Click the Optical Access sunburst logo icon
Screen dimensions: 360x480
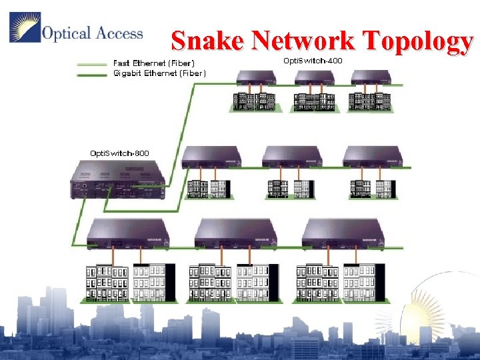click(x=25, y=28)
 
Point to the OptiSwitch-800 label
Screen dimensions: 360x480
click(x=120, y=153)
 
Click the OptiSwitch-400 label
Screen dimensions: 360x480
click(x=313, y=61)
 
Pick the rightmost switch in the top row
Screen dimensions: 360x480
click(x=371, y=78)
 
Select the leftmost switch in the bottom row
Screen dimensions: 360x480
click(x=126, y=233)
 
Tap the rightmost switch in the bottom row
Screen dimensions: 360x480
click(x=342, y=233)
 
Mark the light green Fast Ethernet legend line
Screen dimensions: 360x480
click(x=92, y=65)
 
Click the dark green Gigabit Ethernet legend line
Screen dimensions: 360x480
click(x=92, y=74)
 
